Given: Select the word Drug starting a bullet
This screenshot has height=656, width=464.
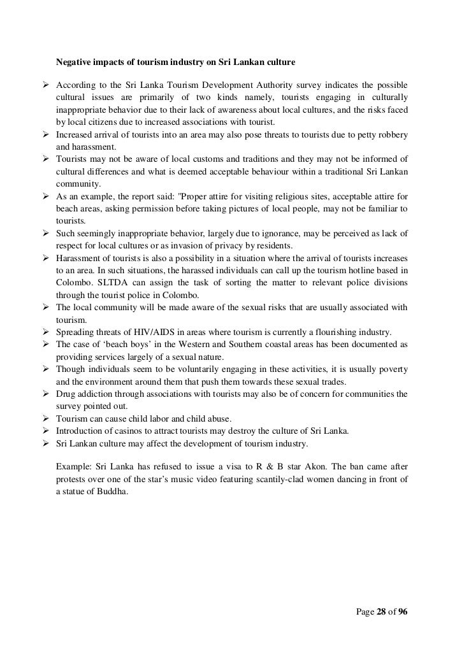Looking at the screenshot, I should click(x=66, y=394).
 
